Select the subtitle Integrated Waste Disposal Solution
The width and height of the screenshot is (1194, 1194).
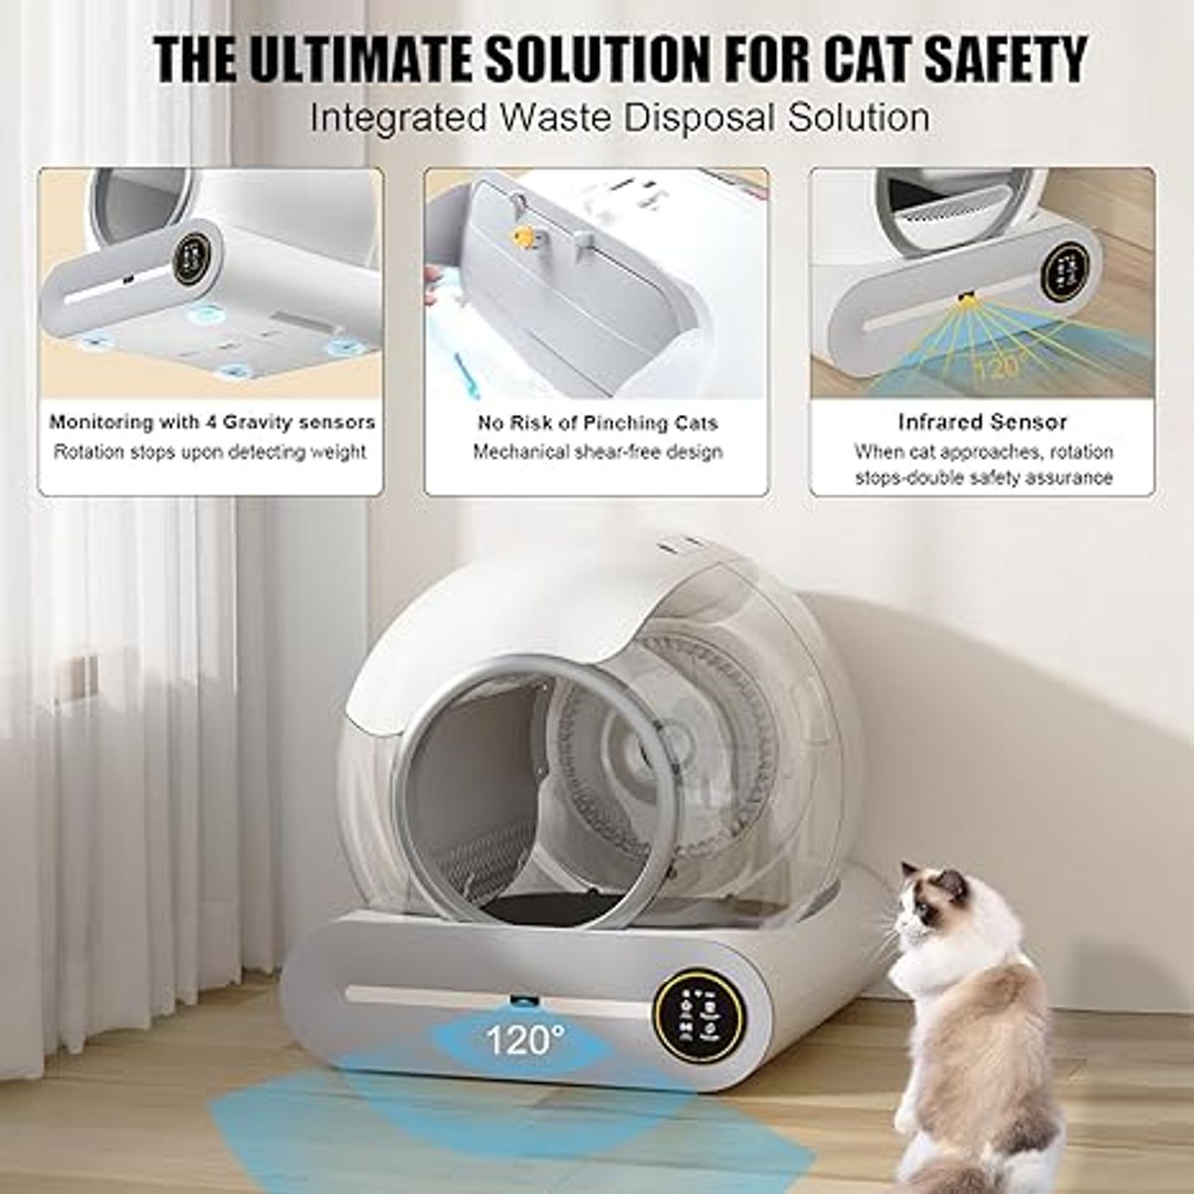619,116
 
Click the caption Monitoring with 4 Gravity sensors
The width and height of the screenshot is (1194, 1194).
212,422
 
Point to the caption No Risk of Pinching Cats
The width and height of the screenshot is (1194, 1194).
597,423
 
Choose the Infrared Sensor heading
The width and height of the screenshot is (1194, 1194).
982,422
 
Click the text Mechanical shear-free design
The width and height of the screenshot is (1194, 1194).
597,452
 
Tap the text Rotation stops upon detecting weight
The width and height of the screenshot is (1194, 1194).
210,452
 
